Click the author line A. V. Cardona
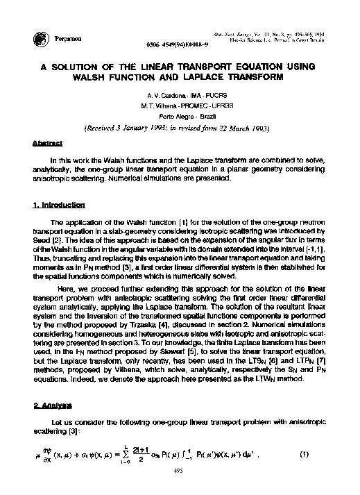coord(179,92)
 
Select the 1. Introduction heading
coord(58,205)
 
